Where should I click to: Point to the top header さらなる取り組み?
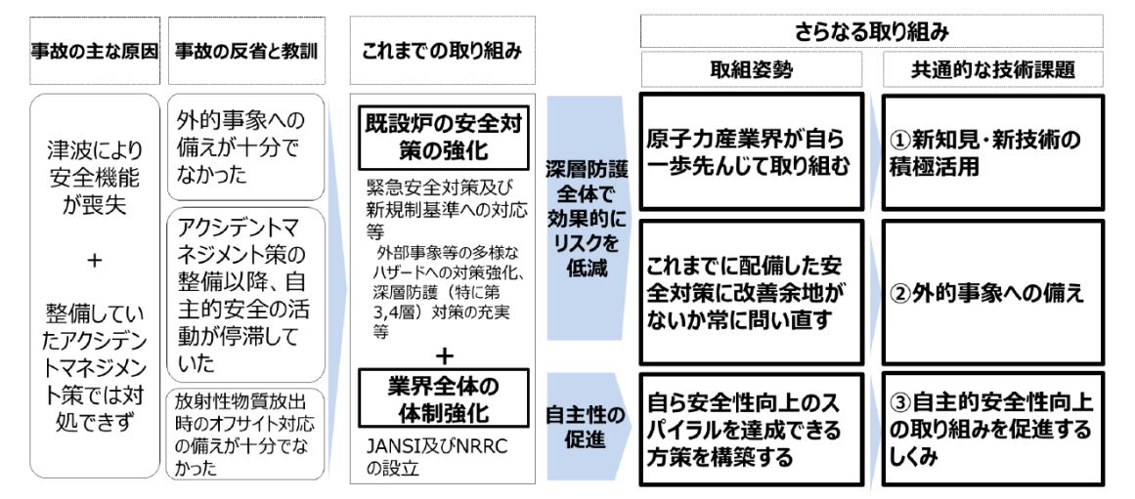871,31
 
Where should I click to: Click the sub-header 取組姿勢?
752,69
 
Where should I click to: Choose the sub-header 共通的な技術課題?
993,69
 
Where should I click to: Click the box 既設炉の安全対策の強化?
443,139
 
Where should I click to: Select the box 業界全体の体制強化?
443,398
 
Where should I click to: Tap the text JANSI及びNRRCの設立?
437,458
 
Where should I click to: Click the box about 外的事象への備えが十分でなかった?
246,146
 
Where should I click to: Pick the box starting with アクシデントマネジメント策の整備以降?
246,294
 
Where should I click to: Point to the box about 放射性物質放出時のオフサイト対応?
246,434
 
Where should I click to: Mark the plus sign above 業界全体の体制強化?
445,355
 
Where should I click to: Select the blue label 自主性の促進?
586,428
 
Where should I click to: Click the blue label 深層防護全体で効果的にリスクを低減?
586,218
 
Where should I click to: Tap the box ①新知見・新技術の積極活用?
993,152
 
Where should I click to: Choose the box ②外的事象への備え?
993,292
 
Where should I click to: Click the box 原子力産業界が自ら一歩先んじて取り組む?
752,152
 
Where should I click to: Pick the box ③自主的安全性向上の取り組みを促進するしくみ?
993,428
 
